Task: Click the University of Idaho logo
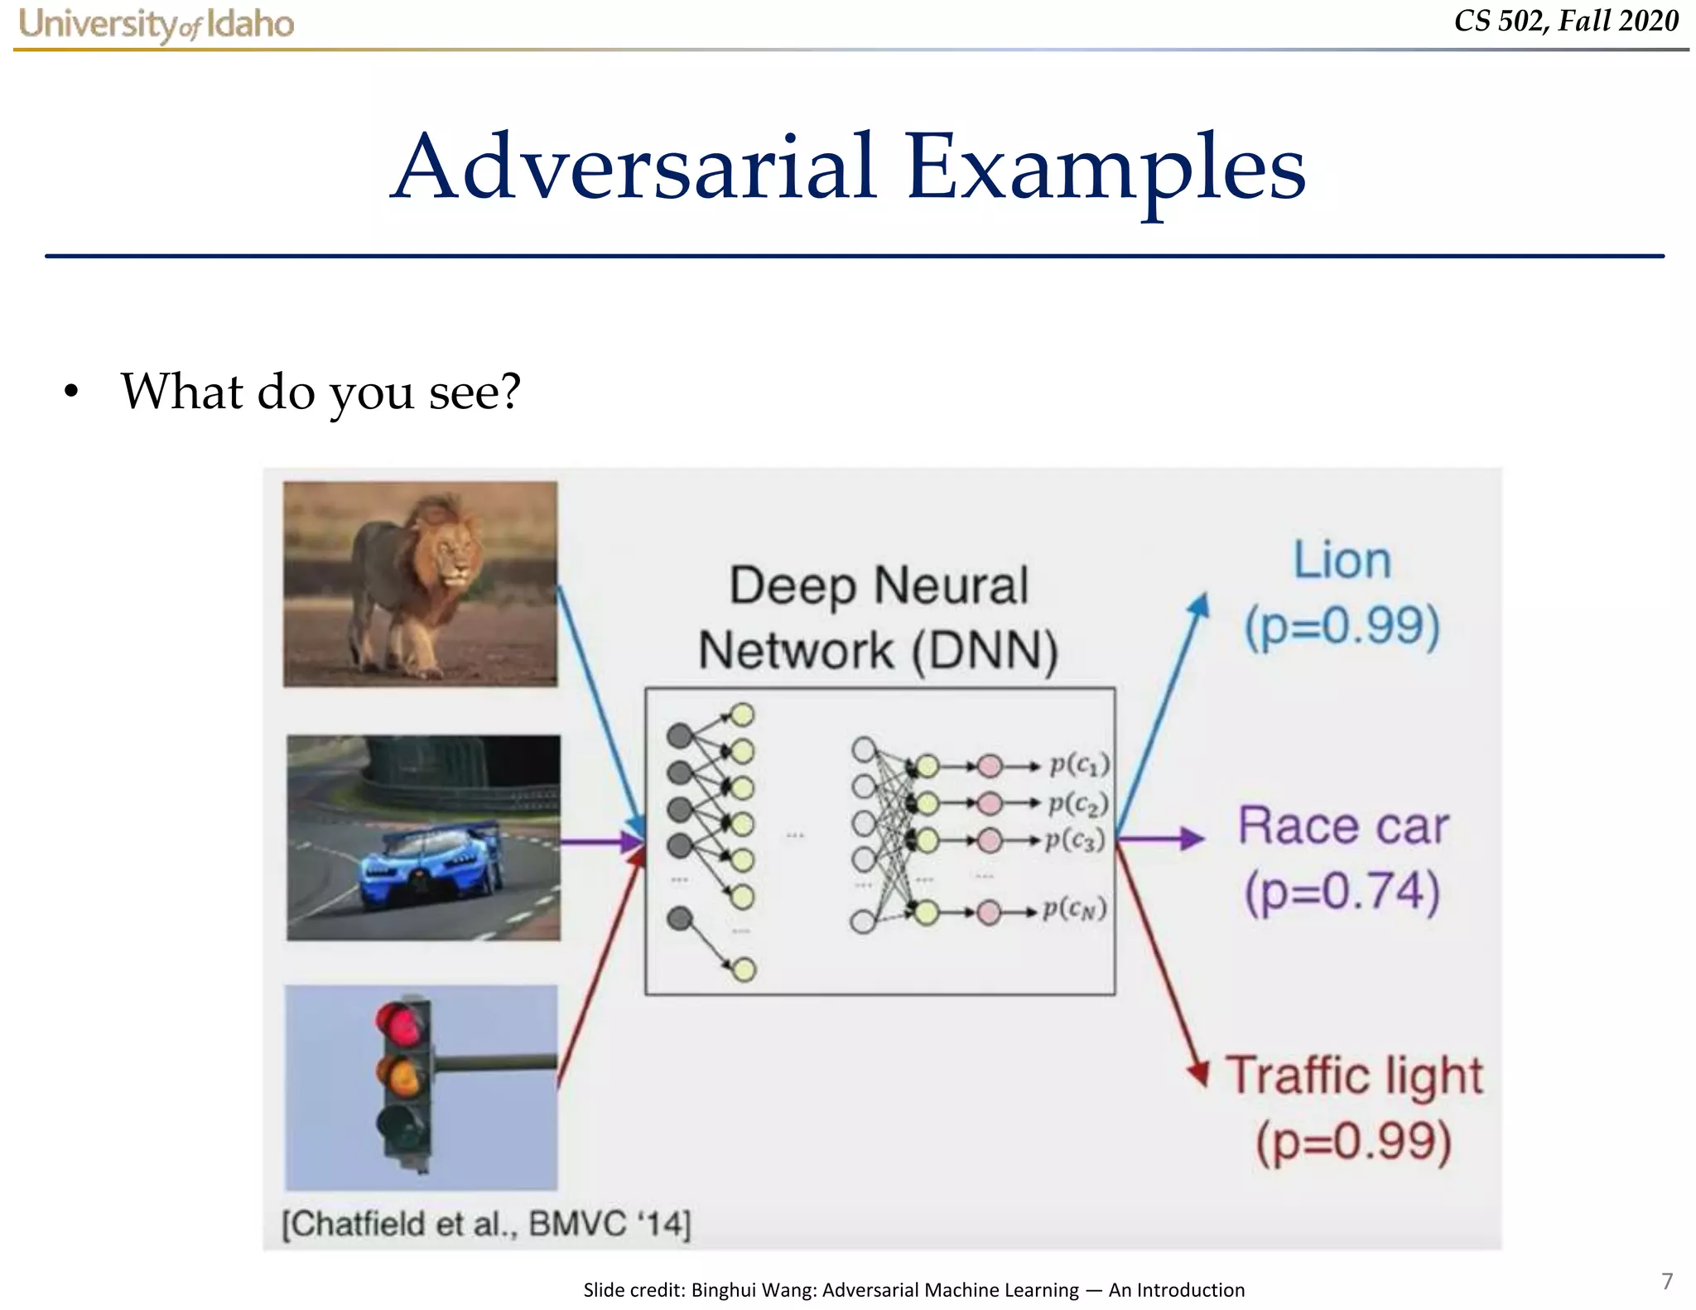click(x=156, y=25)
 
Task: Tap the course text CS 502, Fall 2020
click(x=1566, y=21)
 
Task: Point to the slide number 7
click(x=1667, y=1281)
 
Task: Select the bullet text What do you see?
click(x=320, y=391)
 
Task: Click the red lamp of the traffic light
click(x=402, y=1024)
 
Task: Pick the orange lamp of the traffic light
click(x=403, y=1076)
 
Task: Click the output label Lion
click(x=1342, y=561)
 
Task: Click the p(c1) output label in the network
click(x=1079, y=764)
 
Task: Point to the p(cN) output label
click(x=1074, y=910)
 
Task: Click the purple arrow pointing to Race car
click(x=1159, y=838)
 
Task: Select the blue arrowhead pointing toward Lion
click(x=1198, y=605)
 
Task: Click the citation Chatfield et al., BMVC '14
click(x=486, y=1223)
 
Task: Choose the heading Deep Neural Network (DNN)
click(x=879, y=617)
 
